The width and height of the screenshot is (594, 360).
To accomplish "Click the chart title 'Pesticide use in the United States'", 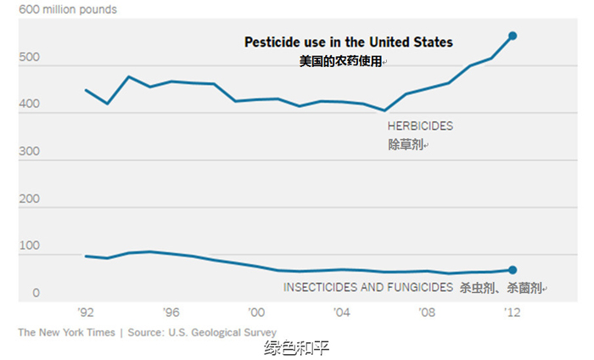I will click(x=349, y=42).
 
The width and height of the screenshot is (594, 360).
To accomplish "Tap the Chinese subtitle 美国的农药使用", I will click(x=340, y=62).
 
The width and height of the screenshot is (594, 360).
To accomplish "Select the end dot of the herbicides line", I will click(x=513, y=36).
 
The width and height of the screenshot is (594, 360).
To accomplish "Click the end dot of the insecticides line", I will click(x=513, y=269).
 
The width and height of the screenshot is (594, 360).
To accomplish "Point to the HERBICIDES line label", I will click(x=420, y=126).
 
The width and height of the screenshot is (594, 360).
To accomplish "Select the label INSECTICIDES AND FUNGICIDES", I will click(x=368, y=287).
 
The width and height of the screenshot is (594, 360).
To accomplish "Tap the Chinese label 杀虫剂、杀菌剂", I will click(x=501, y=288).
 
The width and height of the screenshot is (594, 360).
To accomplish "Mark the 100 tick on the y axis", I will click(x=29, y=246).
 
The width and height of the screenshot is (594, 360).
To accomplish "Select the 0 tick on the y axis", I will click(x=36, y=293).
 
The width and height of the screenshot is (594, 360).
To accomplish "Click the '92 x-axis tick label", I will click(x=86, y=312).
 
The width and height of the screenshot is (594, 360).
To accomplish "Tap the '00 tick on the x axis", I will click(x=256, y=312).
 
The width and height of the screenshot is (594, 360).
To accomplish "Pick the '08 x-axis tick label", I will click(x=427, y=312).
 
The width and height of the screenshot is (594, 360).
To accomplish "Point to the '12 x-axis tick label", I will click(x=512, y=312).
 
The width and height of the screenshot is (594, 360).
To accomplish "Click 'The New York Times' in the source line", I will click(x=66, y=332).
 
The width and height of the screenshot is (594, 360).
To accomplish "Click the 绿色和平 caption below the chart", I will click(x=296, y=347).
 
